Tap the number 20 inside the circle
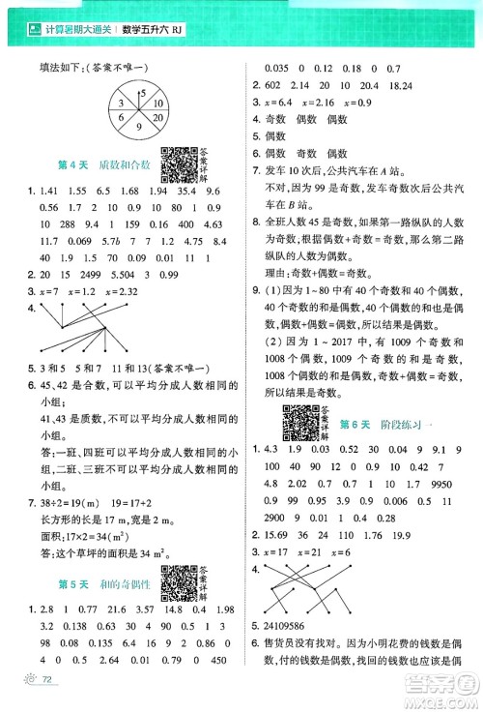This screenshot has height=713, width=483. pos(153,105)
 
